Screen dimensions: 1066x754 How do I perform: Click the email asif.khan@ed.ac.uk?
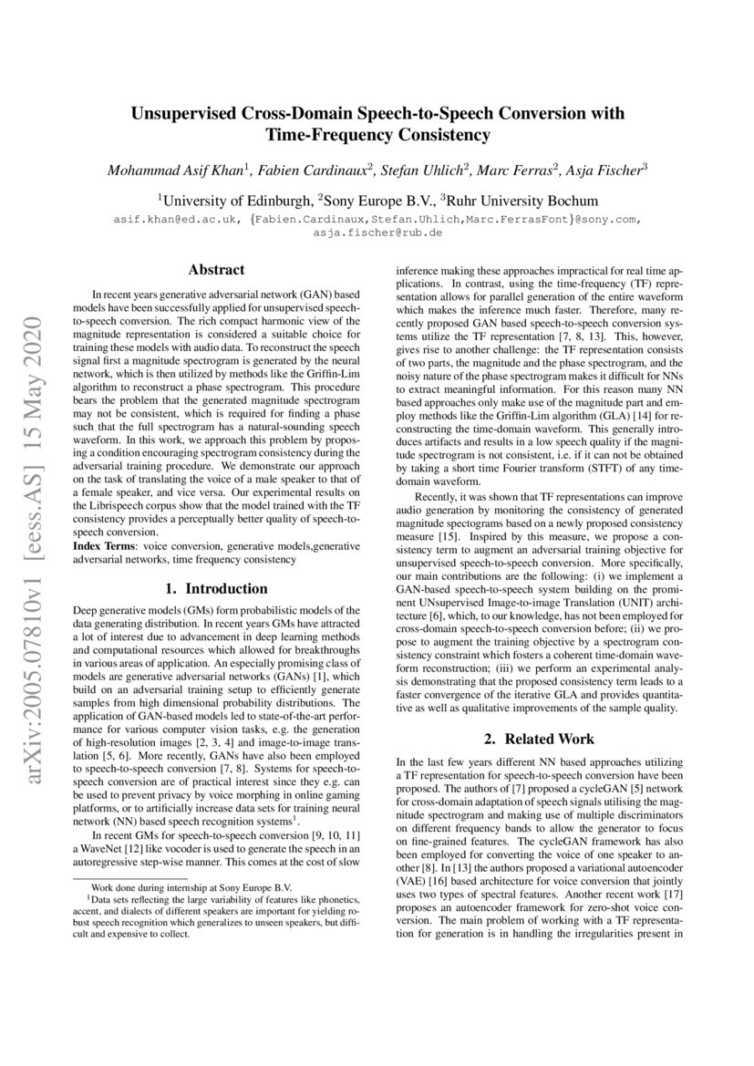tap(171, 220)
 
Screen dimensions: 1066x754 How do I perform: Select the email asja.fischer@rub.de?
tap(377, 233)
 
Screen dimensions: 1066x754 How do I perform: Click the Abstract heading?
tap(216, 270)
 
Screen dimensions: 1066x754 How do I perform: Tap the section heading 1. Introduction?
tap(216, 588)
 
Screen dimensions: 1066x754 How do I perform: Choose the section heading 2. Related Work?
tap(538, 739)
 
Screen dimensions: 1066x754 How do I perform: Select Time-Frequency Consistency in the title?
tap(377, 136)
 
